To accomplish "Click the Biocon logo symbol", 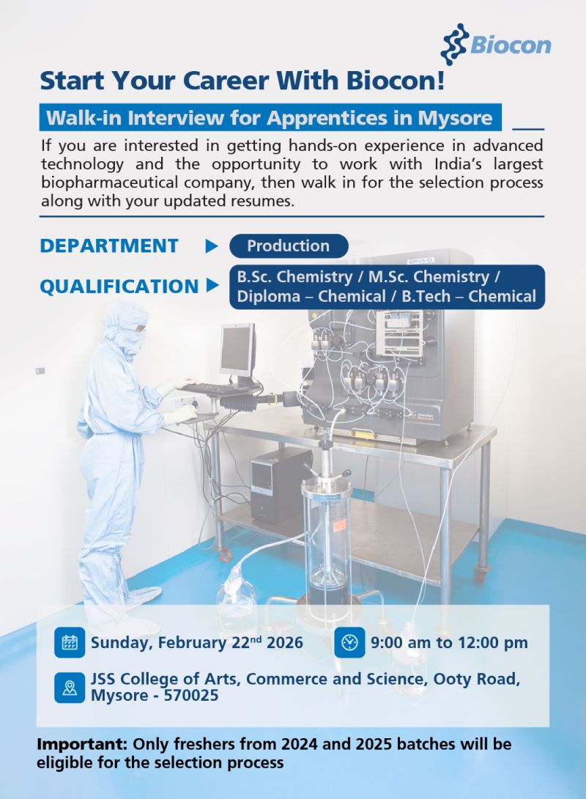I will [453, 44].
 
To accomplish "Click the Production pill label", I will [288, 246].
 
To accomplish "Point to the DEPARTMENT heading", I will [109, 246].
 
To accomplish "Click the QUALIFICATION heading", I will [119, 287].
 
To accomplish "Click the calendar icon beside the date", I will [70, 643].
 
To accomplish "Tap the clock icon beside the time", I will [349, 643].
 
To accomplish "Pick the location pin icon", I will [70, 688].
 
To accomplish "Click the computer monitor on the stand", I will [237, 349].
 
